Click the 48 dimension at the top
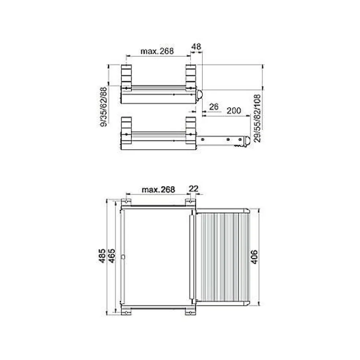pos(196,47)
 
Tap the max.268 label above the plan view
pos(158,190)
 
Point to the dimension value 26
pos(214,106)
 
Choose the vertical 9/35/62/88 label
pos(105,107)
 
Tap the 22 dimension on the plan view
pos(194,189)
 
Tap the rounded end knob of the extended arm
pos(247,141)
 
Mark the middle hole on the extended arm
pos(228,139)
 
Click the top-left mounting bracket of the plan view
pos(126,202)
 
